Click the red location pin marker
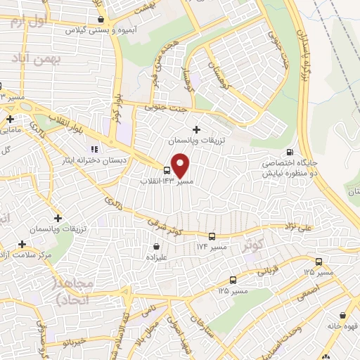click(x=181, y=165)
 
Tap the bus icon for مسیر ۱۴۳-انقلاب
click(x=167, y=170)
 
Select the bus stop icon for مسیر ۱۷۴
click(x=212, y=237)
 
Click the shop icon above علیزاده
click(x=155, y=247)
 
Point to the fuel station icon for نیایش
click(x=290, y=152)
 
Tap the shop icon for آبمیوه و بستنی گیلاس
click(x=102, y=20)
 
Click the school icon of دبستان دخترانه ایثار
click(x=94, y=149)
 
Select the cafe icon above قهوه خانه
click(x=342, y=315)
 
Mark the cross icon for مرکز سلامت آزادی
click(x=22, y=244)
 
